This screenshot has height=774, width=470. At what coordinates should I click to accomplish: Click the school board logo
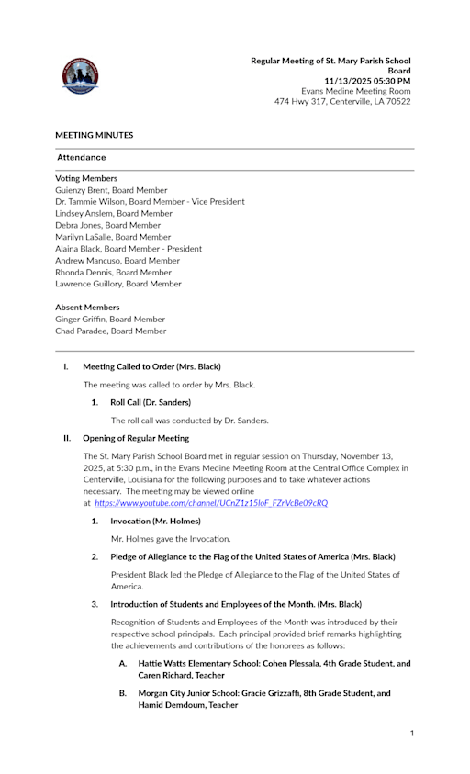pos(80,76)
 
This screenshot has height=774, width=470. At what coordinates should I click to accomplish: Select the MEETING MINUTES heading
pos(94,135)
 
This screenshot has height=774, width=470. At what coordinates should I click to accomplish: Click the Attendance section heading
pos(81,158)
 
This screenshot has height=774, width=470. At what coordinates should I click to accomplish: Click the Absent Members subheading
pos(87,308)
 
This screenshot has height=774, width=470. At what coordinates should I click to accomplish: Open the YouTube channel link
pos(211,503)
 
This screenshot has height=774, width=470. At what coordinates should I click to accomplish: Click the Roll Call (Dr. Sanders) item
pos(151,402)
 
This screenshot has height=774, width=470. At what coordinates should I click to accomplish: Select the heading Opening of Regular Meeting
pos(136,438)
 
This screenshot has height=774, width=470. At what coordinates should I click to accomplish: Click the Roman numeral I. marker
pos(66,366)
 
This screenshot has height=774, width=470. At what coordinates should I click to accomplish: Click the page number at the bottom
pos(412,733)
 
